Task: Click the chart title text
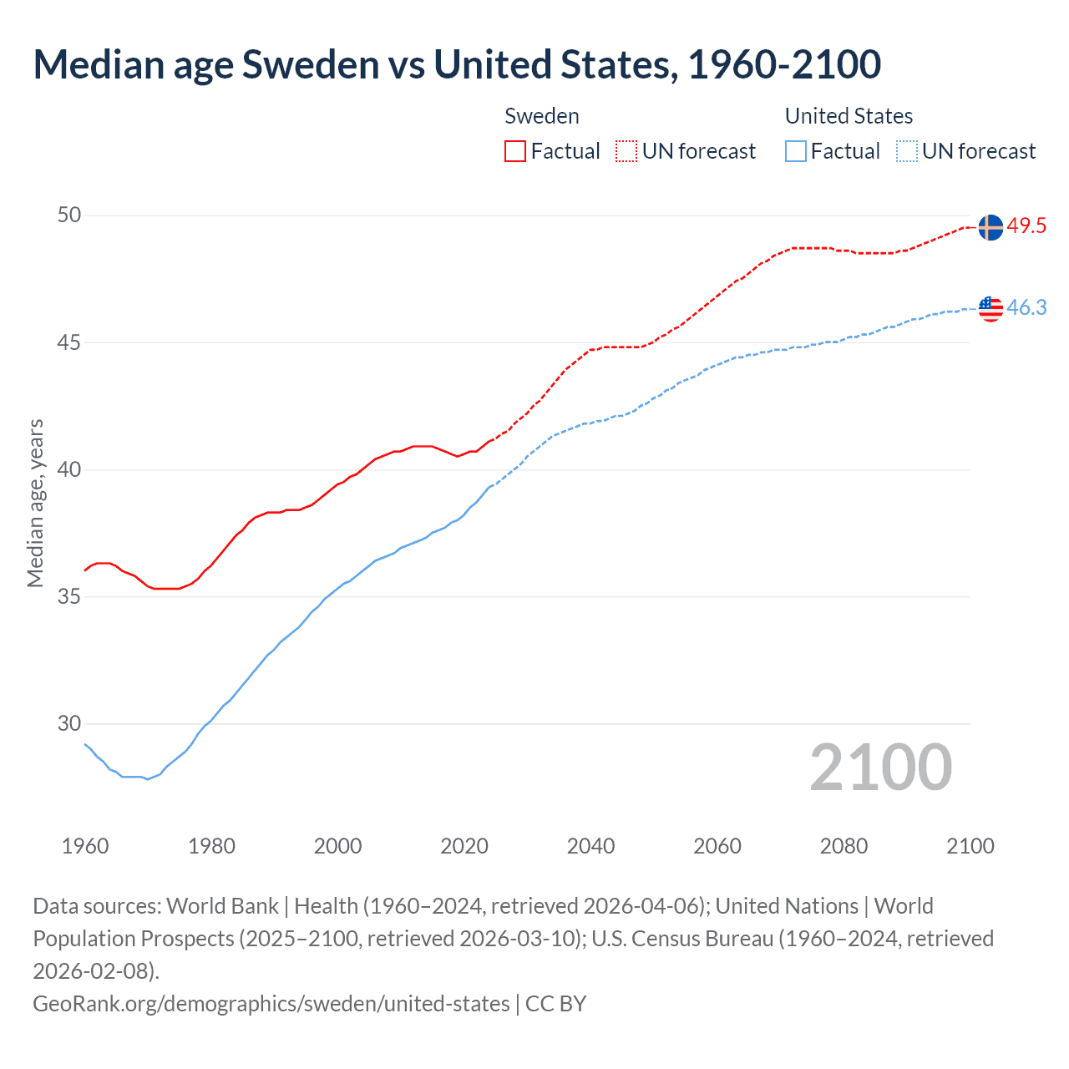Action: (457, 64)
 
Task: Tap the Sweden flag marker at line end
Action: (990, 227)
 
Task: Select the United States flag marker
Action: (990, 308)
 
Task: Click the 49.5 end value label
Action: (1026, 225)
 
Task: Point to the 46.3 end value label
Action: (1026, 307)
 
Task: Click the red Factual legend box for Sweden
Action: (515, 151)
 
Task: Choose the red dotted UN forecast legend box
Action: (626, 151)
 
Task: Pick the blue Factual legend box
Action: (795, 151)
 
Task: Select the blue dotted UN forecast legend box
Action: (906, 151)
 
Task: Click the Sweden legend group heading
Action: (542, 116)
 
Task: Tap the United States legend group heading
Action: (849, 116)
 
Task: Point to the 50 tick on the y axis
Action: (69, 215)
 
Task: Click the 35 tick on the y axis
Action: (69, 596)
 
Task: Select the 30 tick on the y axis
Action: (69, 723)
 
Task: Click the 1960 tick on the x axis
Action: (85, 846)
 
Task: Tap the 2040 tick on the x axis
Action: (590, 846)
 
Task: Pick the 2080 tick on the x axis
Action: (844, 846)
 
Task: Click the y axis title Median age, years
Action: (35, 504)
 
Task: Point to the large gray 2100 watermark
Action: (880, 768)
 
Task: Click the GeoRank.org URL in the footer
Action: (271, 1003)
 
